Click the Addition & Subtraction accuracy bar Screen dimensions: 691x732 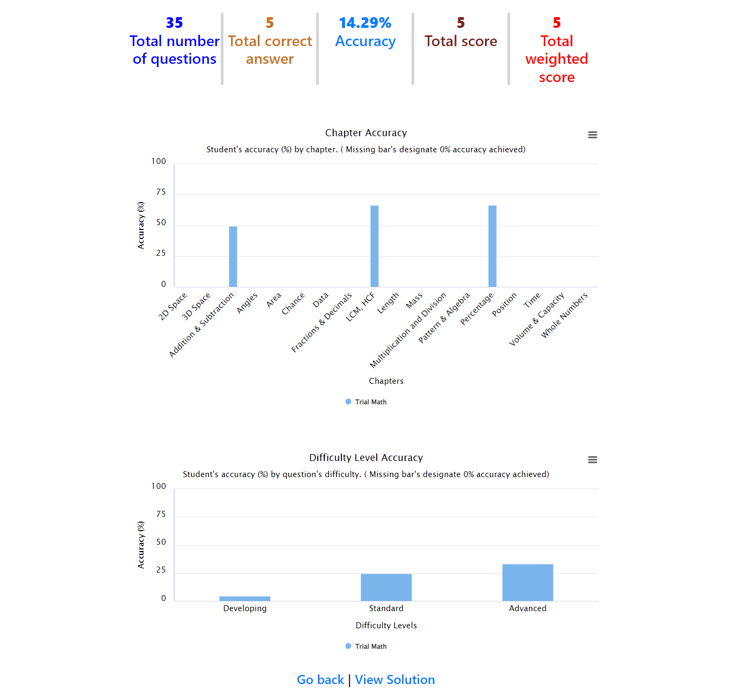tap(233, 256)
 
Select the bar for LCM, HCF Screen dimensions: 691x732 tap(375, 246)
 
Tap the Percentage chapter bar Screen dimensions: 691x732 tap(492, 246)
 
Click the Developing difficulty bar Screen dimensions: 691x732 tap(245, 598)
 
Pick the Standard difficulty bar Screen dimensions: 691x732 tap(386, 587)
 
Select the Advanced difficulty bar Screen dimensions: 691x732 tap(528, 582)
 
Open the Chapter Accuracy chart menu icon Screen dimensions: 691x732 tap(593, 135)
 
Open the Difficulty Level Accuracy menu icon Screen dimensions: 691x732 tap(593, 460)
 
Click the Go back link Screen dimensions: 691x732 tap(320, 680)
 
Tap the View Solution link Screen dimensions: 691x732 tap(395, 680)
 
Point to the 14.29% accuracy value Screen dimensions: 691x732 tap(365, 23)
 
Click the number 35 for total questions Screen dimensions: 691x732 tap(175, 23)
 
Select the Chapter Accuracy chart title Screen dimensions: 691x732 tap(366, 133)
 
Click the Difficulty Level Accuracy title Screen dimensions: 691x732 tap(366, 458)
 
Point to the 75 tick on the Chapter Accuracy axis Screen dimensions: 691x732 tap(161, 192)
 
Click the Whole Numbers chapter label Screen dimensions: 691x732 tap(564, 315)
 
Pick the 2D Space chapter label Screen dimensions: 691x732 tap(173, 306)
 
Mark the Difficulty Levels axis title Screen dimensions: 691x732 tap(386, 626)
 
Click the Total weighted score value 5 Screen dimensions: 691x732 tap(557, 23)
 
